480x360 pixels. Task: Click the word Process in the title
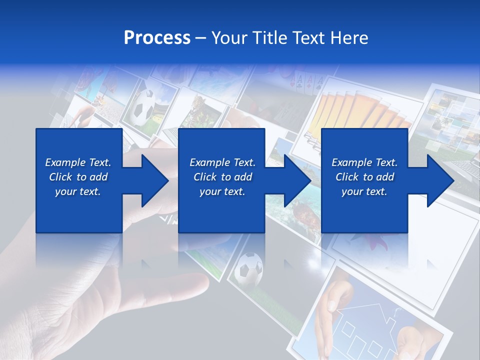(x=157, y=38)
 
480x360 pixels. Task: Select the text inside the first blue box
(x=78, y=177)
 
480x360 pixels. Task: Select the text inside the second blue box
(x=222, y=177)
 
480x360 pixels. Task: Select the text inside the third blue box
(x=364, y=177)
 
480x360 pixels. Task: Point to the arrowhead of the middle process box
(x=297, y=180)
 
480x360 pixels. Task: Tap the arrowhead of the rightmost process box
(x=440, y=180)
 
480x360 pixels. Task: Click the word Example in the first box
(x=63, y=162)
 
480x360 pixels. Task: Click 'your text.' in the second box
(x=222, y=191)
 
